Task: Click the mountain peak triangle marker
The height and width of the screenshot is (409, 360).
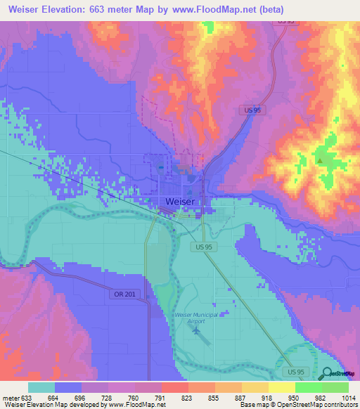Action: (x=320, y=160)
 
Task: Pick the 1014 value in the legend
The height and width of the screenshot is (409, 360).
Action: (x=348, y=397)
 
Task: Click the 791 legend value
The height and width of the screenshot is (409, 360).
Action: (x=161, y=397)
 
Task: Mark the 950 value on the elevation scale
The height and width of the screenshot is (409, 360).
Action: (x=295, y=397)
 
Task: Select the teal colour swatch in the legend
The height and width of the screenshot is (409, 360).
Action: (x=41, y=387)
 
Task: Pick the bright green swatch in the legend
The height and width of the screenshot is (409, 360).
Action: (x=309, y=387)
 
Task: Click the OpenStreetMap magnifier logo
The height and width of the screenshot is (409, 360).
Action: (x=327, y=373)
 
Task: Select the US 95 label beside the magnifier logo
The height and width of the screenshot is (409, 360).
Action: (x=297, y=369)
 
